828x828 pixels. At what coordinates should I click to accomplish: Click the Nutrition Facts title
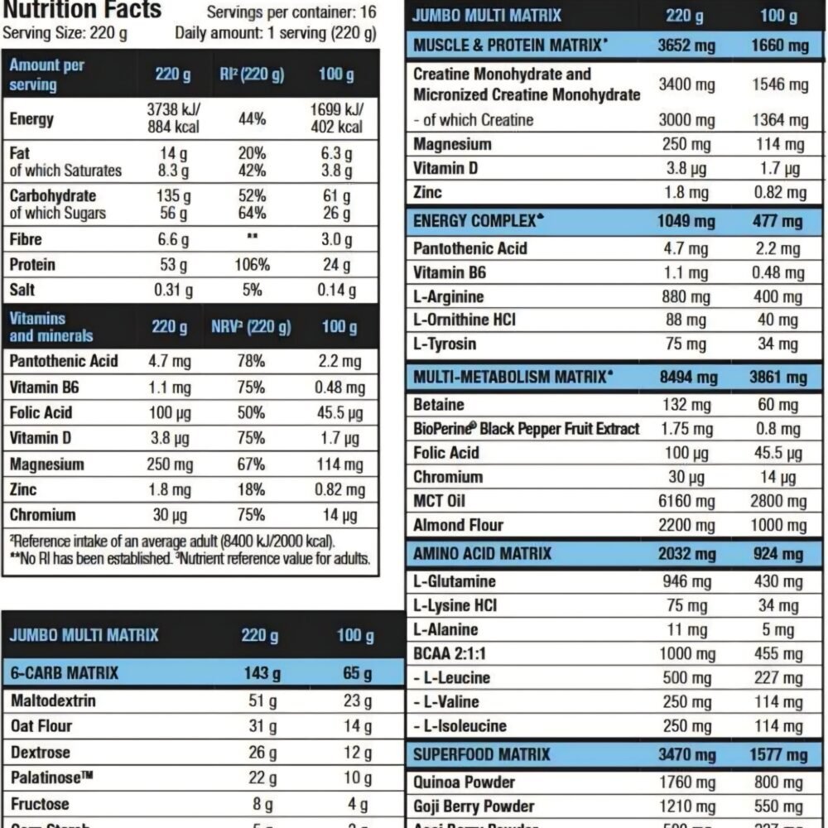[82, 10]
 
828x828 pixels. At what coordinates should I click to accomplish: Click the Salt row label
[22, 291]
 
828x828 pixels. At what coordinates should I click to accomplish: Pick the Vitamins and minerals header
[51, 327]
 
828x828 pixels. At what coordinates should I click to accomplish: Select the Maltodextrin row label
[53, 700]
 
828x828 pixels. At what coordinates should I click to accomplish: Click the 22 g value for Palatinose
[259, 778]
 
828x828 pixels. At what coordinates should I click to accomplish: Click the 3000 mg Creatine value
[686, 120]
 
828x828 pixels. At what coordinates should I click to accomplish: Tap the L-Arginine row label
[448, 296]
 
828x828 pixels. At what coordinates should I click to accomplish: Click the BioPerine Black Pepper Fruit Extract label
[526, 429]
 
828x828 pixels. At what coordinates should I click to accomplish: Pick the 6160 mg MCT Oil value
[686, 501]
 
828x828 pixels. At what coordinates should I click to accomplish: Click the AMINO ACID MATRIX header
[482, 553]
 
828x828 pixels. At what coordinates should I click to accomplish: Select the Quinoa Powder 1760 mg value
[686, 782]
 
